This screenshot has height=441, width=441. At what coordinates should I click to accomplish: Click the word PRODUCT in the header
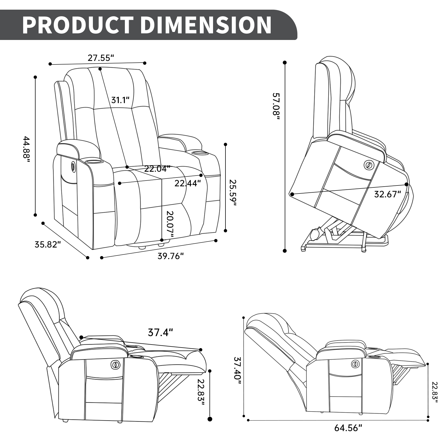pyautogui.click(x=78, y=25)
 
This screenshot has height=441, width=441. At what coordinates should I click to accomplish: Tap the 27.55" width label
pyautogui.click(x=101, y=58)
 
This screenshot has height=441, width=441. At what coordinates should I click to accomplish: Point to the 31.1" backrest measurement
pyautogui.click(x=120, y=100)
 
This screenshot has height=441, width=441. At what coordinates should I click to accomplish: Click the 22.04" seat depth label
pyautogui.click(x=157, y=169)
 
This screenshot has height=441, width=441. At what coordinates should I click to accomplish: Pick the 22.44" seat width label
pyautogui.click(x=188, y=183)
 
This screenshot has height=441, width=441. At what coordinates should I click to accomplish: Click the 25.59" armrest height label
pyautogui.click(x=233, y=193)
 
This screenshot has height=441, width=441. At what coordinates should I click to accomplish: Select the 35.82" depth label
pyautogui.click(x=48, y=244)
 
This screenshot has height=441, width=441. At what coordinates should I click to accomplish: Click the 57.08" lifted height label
pyautogui.click(x=276, y=106)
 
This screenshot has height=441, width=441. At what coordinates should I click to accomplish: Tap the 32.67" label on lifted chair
pyautogui.click(x=387, y=194)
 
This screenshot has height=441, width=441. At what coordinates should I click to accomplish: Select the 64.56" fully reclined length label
pyautogui.click(x=348, y=428)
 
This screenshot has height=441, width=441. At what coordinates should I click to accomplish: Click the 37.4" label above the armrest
pyautogui.click(x=160, y=332)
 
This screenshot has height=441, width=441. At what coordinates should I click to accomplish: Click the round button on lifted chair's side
pyautogui.click(x=368, y=165)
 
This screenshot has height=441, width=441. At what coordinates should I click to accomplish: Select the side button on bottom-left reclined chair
pyautogui.click(x=116, y=365)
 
